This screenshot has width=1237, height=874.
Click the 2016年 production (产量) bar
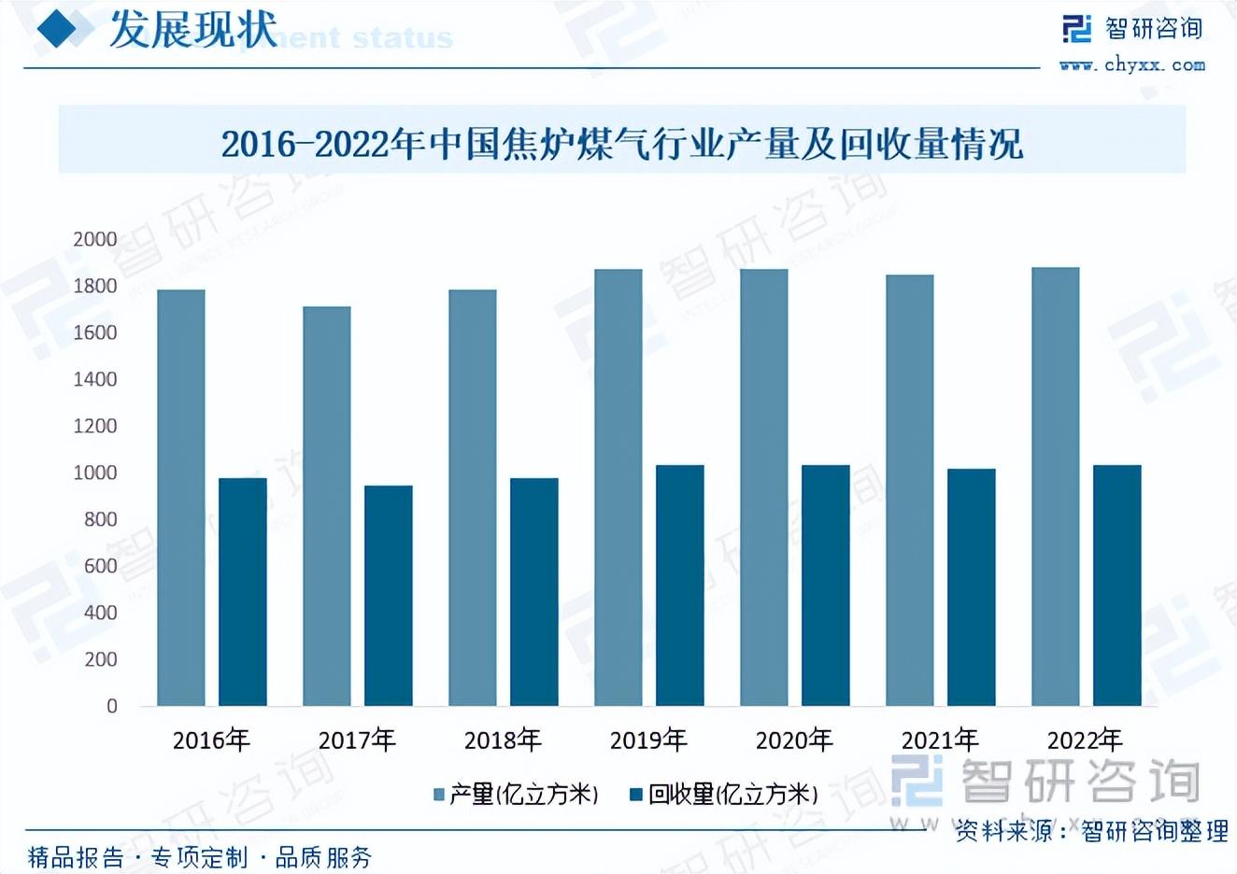click(x=181, y=498)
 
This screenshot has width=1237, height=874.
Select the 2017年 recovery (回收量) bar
click(x=388, y=596)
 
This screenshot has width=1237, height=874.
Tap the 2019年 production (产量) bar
click(x=618, y=487)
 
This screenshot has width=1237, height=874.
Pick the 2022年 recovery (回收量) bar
click(x=1116, y=585)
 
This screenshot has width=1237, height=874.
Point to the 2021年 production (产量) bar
click(x=910, y=490)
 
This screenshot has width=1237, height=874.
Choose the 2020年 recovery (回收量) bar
click(x=825, y=585)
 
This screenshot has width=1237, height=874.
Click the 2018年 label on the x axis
click(x=503, y=740)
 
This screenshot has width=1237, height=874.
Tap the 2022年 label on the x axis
click(x=1085, y=740)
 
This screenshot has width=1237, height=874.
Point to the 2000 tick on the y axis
click(x=95, y=239)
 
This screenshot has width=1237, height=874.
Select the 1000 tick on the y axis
click(x=95, y=472)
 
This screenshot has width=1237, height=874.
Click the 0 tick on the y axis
click(x=112, y=706)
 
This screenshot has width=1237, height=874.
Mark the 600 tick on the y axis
click(x=100, y=566)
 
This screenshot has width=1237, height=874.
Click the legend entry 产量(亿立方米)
click(x=516, y=795)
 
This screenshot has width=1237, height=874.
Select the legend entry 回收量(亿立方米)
click(x=725, y=795)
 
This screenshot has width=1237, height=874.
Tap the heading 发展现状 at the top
click(x=193, y=30)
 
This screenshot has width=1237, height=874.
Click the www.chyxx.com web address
click(x=1132, y=65)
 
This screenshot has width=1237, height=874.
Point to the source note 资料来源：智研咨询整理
click(x=1091, y=831)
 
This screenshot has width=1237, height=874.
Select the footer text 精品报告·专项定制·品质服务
click(x=200, y=856)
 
